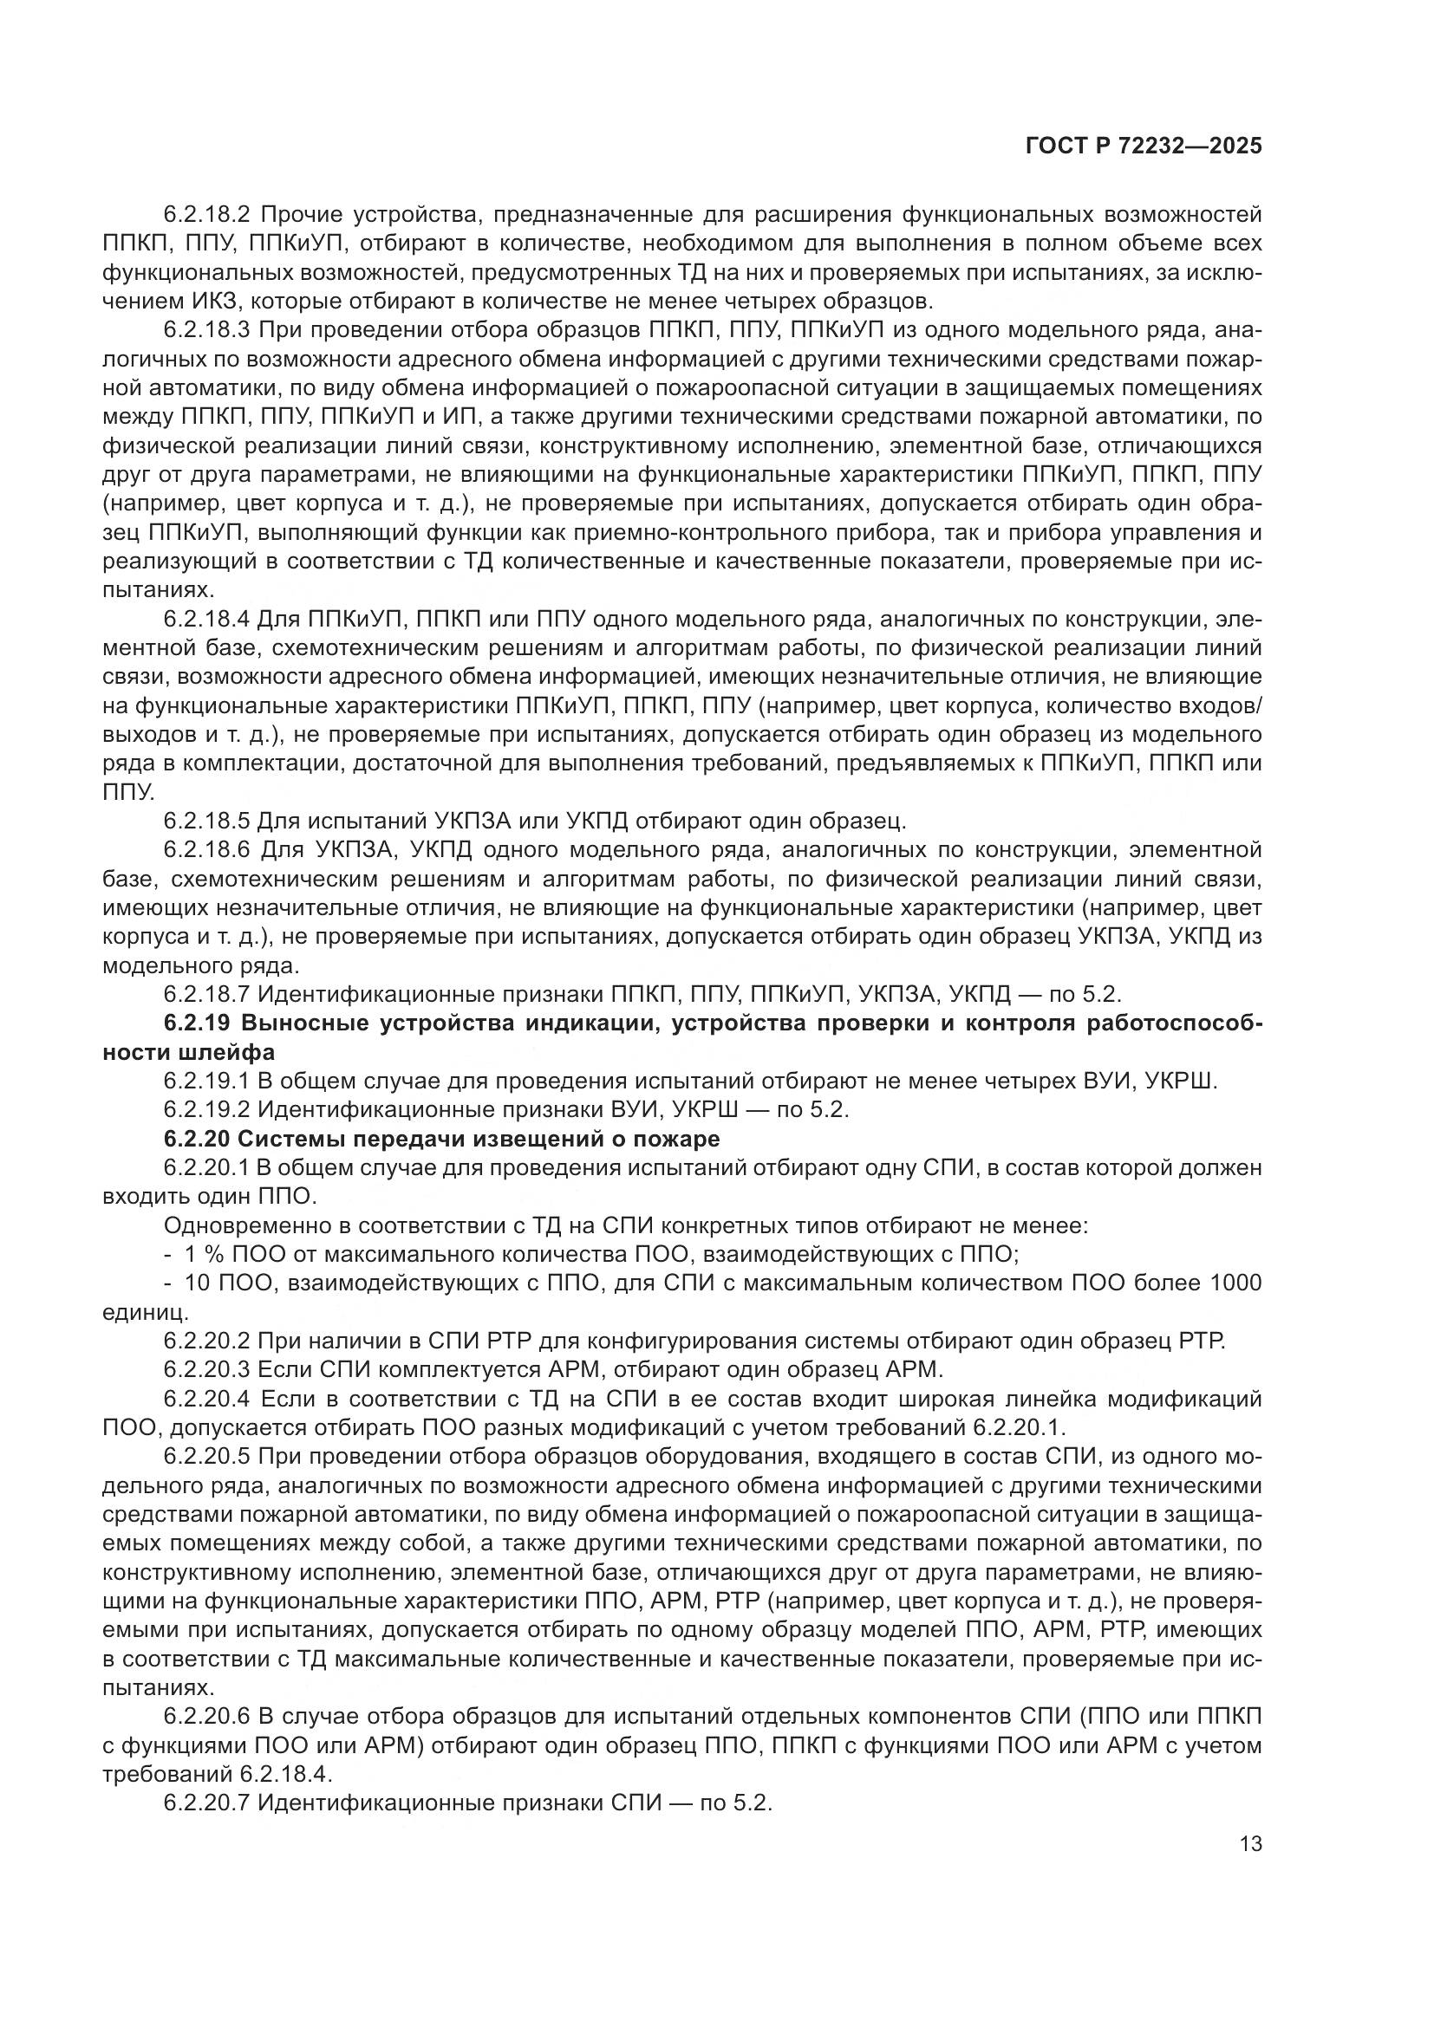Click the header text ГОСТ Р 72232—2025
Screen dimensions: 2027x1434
tap(1144, 146)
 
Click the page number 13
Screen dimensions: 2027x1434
tap(1250, 1843)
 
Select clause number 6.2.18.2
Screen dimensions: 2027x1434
tap(207, 215)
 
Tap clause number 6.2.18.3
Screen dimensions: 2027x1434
tap(207, 330)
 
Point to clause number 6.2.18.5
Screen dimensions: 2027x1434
tap(207, 821)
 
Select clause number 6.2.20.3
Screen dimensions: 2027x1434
tap(207, 1369)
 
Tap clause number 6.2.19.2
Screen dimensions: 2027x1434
tap(207, 1110)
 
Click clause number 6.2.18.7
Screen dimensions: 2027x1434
tap(207, 994)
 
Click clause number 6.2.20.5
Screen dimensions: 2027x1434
tap(207, 1456)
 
